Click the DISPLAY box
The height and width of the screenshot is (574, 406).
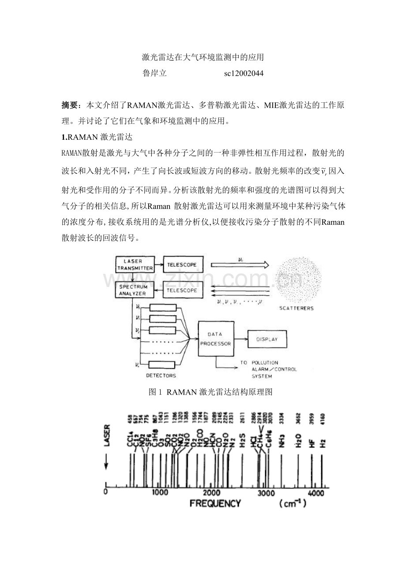pyautogui.click(x=267, y=339)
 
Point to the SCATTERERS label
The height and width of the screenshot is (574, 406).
pyautogui.click(x=296, y=308)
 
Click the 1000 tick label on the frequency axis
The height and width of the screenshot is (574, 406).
pyautogui.click(x=159, y=492)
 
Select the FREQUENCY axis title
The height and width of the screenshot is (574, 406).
pyautogui.click(x=215, y=503)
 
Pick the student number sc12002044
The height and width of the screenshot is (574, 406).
pyautogui.click(x=244, y=74)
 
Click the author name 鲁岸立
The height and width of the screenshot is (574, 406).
pyautogui.click(x=154, y=74)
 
